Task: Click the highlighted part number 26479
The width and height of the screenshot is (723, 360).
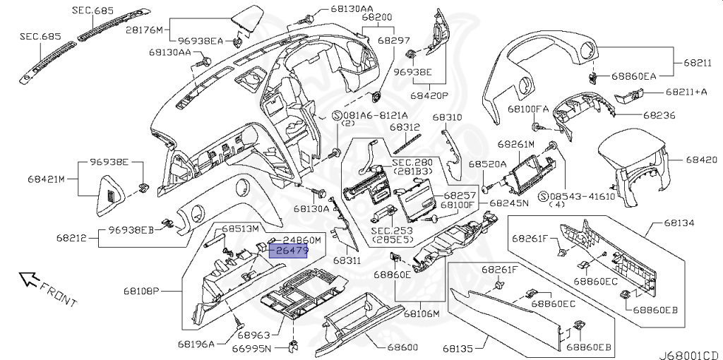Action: (x=289, y=251)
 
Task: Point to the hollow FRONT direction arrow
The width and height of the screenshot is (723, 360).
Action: (x=28, y=279)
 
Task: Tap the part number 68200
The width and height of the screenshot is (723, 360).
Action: (x=377, y=18)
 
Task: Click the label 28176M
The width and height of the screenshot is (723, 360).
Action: (x=144, y=30)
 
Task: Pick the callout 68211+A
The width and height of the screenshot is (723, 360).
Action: (x=686, y=92)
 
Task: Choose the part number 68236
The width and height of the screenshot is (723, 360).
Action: (x=659, y=115)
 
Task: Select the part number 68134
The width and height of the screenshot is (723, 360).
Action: (x=679, y=223)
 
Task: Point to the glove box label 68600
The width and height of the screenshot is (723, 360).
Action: (x=402, y=347)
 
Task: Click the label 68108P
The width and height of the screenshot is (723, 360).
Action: (x=141, y=292)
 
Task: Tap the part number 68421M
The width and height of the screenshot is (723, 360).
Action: (x=46, y=179)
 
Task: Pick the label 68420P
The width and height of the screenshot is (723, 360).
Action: (x=429, y=96)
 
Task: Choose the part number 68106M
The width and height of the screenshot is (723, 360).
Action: (x=422, y=314)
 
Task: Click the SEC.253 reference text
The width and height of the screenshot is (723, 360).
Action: (x=392, y=231)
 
